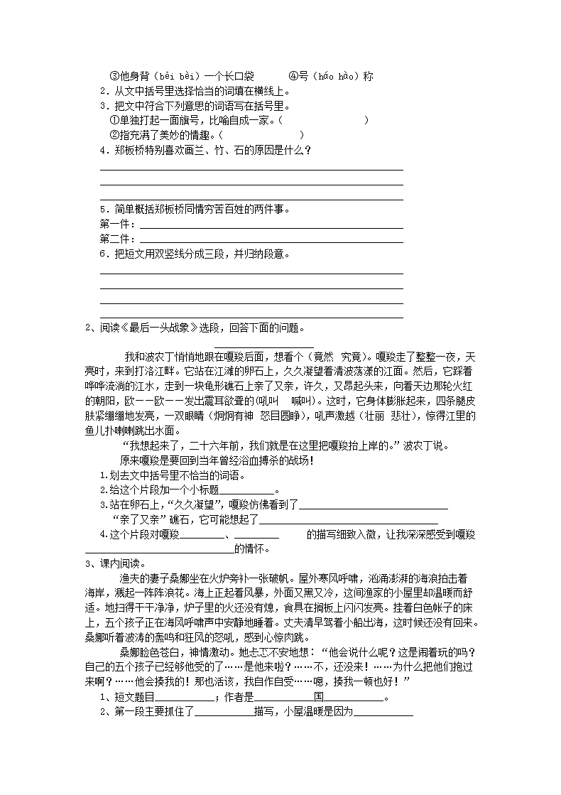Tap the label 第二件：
tap(118, 239)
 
